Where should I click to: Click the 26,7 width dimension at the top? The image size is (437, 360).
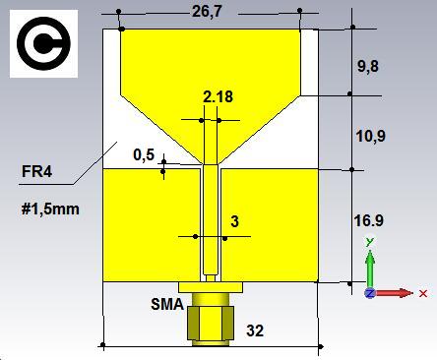[207, 12]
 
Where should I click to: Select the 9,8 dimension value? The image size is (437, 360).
[368, 66]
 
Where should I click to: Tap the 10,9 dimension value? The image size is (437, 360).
[371, 136]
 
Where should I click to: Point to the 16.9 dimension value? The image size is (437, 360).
[369, 220]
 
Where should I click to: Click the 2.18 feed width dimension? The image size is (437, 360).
[218, 96]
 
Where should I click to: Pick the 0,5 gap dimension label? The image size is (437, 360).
[144, 154]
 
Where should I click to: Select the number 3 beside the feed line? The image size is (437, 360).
[234, 221]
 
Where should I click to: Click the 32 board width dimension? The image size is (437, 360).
[255, 330]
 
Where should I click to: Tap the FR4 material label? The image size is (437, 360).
[36, 171]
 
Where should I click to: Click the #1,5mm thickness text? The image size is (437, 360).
[50, 209]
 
